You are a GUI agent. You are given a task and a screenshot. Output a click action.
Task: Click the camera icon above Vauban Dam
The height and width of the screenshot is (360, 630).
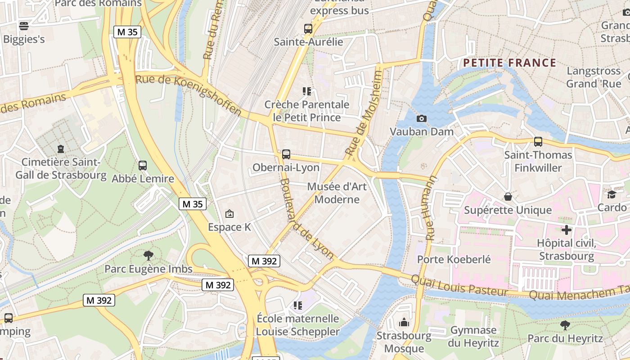tap(421, 118)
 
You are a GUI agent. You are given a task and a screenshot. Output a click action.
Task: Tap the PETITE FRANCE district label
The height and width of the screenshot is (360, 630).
tap(509, 63)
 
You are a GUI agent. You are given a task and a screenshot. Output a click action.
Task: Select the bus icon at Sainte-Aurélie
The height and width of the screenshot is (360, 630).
tap(308, 29)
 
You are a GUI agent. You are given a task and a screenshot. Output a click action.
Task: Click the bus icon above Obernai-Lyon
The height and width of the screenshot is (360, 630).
tap(286, 154)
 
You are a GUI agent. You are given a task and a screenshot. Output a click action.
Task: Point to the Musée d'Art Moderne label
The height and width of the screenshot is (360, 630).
tap(337, 193)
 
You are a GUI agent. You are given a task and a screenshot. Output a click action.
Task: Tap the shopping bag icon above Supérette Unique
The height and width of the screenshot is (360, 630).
tap(508, 197)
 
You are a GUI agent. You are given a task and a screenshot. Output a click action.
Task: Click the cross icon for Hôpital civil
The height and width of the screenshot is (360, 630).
tap(566, 230)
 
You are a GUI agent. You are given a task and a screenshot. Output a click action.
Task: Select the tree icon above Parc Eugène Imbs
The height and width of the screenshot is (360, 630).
tap(148, 256)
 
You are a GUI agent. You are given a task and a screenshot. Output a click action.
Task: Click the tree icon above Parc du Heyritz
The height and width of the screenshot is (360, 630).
tap(565, 325)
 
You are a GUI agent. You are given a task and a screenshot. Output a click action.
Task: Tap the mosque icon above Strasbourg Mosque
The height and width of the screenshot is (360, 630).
tap(404, 322)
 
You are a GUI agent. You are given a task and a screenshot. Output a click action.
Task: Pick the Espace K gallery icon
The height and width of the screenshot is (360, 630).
tap(229, 214)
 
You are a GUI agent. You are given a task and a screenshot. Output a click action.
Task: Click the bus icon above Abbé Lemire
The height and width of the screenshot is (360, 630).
tap(143, 166)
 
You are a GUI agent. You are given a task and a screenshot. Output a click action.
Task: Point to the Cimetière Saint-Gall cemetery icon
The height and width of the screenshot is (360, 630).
tap(61, 148)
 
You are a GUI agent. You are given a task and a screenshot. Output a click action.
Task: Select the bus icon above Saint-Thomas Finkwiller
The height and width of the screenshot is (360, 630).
tap(538, 142)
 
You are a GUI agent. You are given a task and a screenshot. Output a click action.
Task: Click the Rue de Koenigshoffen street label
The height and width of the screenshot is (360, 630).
tap(189, 94)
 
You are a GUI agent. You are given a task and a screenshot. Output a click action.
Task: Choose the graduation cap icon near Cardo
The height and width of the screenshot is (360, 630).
tap(612, 194)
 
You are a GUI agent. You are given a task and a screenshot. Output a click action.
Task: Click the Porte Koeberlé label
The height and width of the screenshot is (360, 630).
tap(454, 259)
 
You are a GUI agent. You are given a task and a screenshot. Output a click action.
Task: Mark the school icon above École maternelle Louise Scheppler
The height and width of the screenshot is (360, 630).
tap(297, 306)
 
